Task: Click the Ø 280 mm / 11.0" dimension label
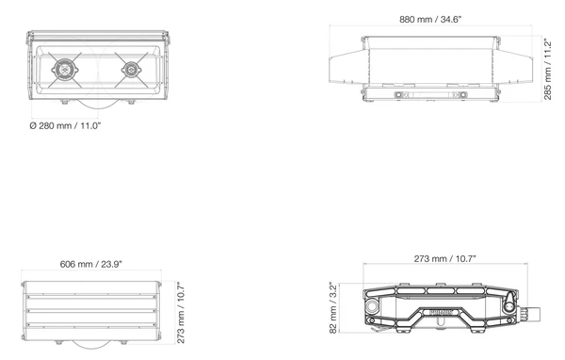tap(65, 126)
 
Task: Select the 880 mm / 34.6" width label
tap(430, 20)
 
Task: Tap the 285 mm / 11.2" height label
tap(547, 69)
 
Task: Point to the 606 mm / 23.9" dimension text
tap(90, 265)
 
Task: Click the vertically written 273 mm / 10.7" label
tap(181, 312)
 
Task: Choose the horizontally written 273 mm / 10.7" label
tap(444, 259)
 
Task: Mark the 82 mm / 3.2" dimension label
tap(333, 308)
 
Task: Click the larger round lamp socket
tap(65, 69)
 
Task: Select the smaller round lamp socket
tap(131, 69)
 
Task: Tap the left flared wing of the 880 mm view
tap(348, 67)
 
